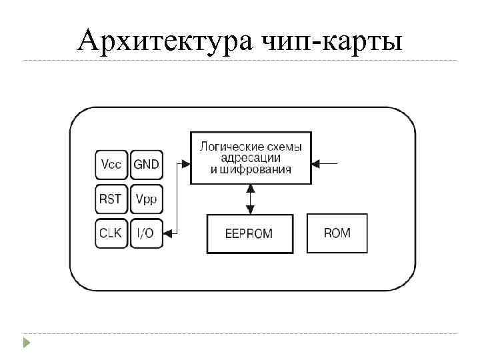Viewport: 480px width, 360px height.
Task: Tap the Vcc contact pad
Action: coord(111,164)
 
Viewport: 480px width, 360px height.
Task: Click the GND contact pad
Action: coord(147,164)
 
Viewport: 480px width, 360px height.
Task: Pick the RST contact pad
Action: coord(111,199)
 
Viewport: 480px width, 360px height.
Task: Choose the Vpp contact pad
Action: coord(147,199)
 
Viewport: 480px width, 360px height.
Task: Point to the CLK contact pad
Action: coord(111,233)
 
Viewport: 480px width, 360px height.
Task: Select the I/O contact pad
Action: coord(147,233)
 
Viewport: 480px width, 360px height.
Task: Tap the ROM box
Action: coord(337,233)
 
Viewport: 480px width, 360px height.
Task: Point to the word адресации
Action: coord(251,158)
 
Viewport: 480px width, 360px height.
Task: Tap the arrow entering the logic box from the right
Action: coord(329,163)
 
